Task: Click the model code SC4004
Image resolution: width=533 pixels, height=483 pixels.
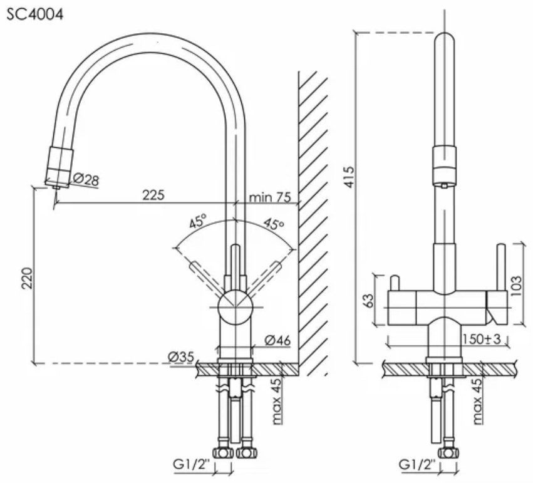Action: point(35,14)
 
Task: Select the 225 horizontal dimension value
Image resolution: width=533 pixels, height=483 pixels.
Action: point(153,195)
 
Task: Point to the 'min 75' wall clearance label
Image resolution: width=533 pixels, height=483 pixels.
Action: point(270,197)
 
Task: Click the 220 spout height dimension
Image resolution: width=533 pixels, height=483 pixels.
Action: point(27,278)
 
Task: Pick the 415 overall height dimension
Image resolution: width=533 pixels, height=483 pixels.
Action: point(349,177)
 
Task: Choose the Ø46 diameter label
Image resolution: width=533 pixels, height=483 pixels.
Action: point(277,340)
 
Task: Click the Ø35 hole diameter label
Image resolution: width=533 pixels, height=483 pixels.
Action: point(181,356)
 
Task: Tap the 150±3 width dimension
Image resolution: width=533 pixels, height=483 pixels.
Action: point(482,338)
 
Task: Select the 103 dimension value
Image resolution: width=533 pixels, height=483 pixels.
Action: point(516,286)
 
